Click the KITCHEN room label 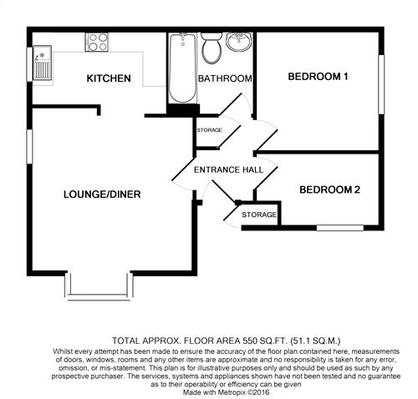pyautogui.click(x=110, y=79)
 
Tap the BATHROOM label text pyautogui.click(x=225, y=79)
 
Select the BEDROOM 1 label pyautogui.click(x=318, y=78)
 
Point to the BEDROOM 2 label pyautogui.click(x=329, y=190)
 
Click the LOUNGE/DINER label pyautogui.click(x=101, y=194)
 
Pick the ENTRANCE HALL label pyautogui.click(x=228, y=169)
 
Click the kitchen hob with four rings pyautogui.click(x=96, y=41)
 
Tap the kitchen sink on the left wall pyautogui.click(x=41, y=63)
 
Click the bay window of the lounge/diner pyautogui.click(x=99, y=286)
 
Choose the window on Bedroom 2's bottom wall pyautogui.click(x=339, y=226)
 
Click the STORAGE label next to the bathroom pyautogui.click(x=209, y=131)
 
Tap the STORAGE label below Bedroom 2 pyautogui.click(x=259, y=215)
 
